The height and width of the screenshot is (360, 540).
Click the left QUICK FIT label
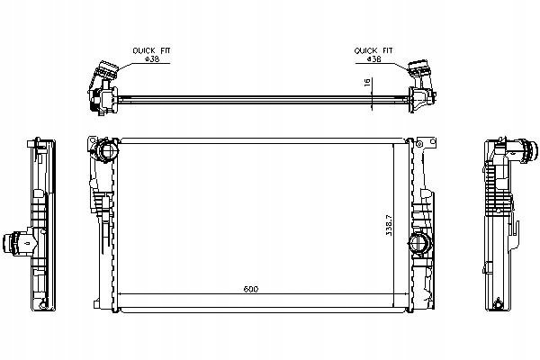click(x=151, y=50)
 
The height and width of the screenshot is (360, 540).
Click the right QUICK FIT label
click(x=373, y=50)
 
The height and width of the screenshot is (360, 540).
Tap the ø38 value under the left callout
click(x=152, y=58)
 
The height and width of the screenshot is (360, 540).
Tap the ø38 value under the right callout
click(x=374, y=58)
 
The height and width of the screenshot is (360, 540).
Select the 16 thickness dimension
click(x=367, y=82)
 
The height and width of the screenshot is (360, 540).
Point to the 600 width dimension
click(x=251, y=289)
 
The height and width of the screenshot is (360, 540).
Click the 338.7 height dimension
click(x=389, y=225)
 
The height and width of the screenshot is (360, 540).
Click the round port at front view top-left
click(x=106, y=150)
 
